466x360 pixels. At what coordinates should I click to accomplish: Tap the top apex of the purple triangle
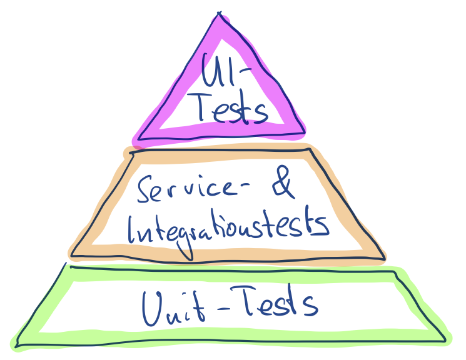coord(220,17)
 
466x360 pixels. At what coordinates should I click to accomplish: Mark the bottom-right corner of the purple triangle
coord(305,132)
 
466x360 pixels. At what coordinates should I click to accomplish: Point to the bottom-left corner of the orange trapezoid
coord(73,255)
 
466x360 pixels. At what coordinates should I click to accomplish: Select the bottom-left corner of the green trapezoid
coord(16,344)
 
